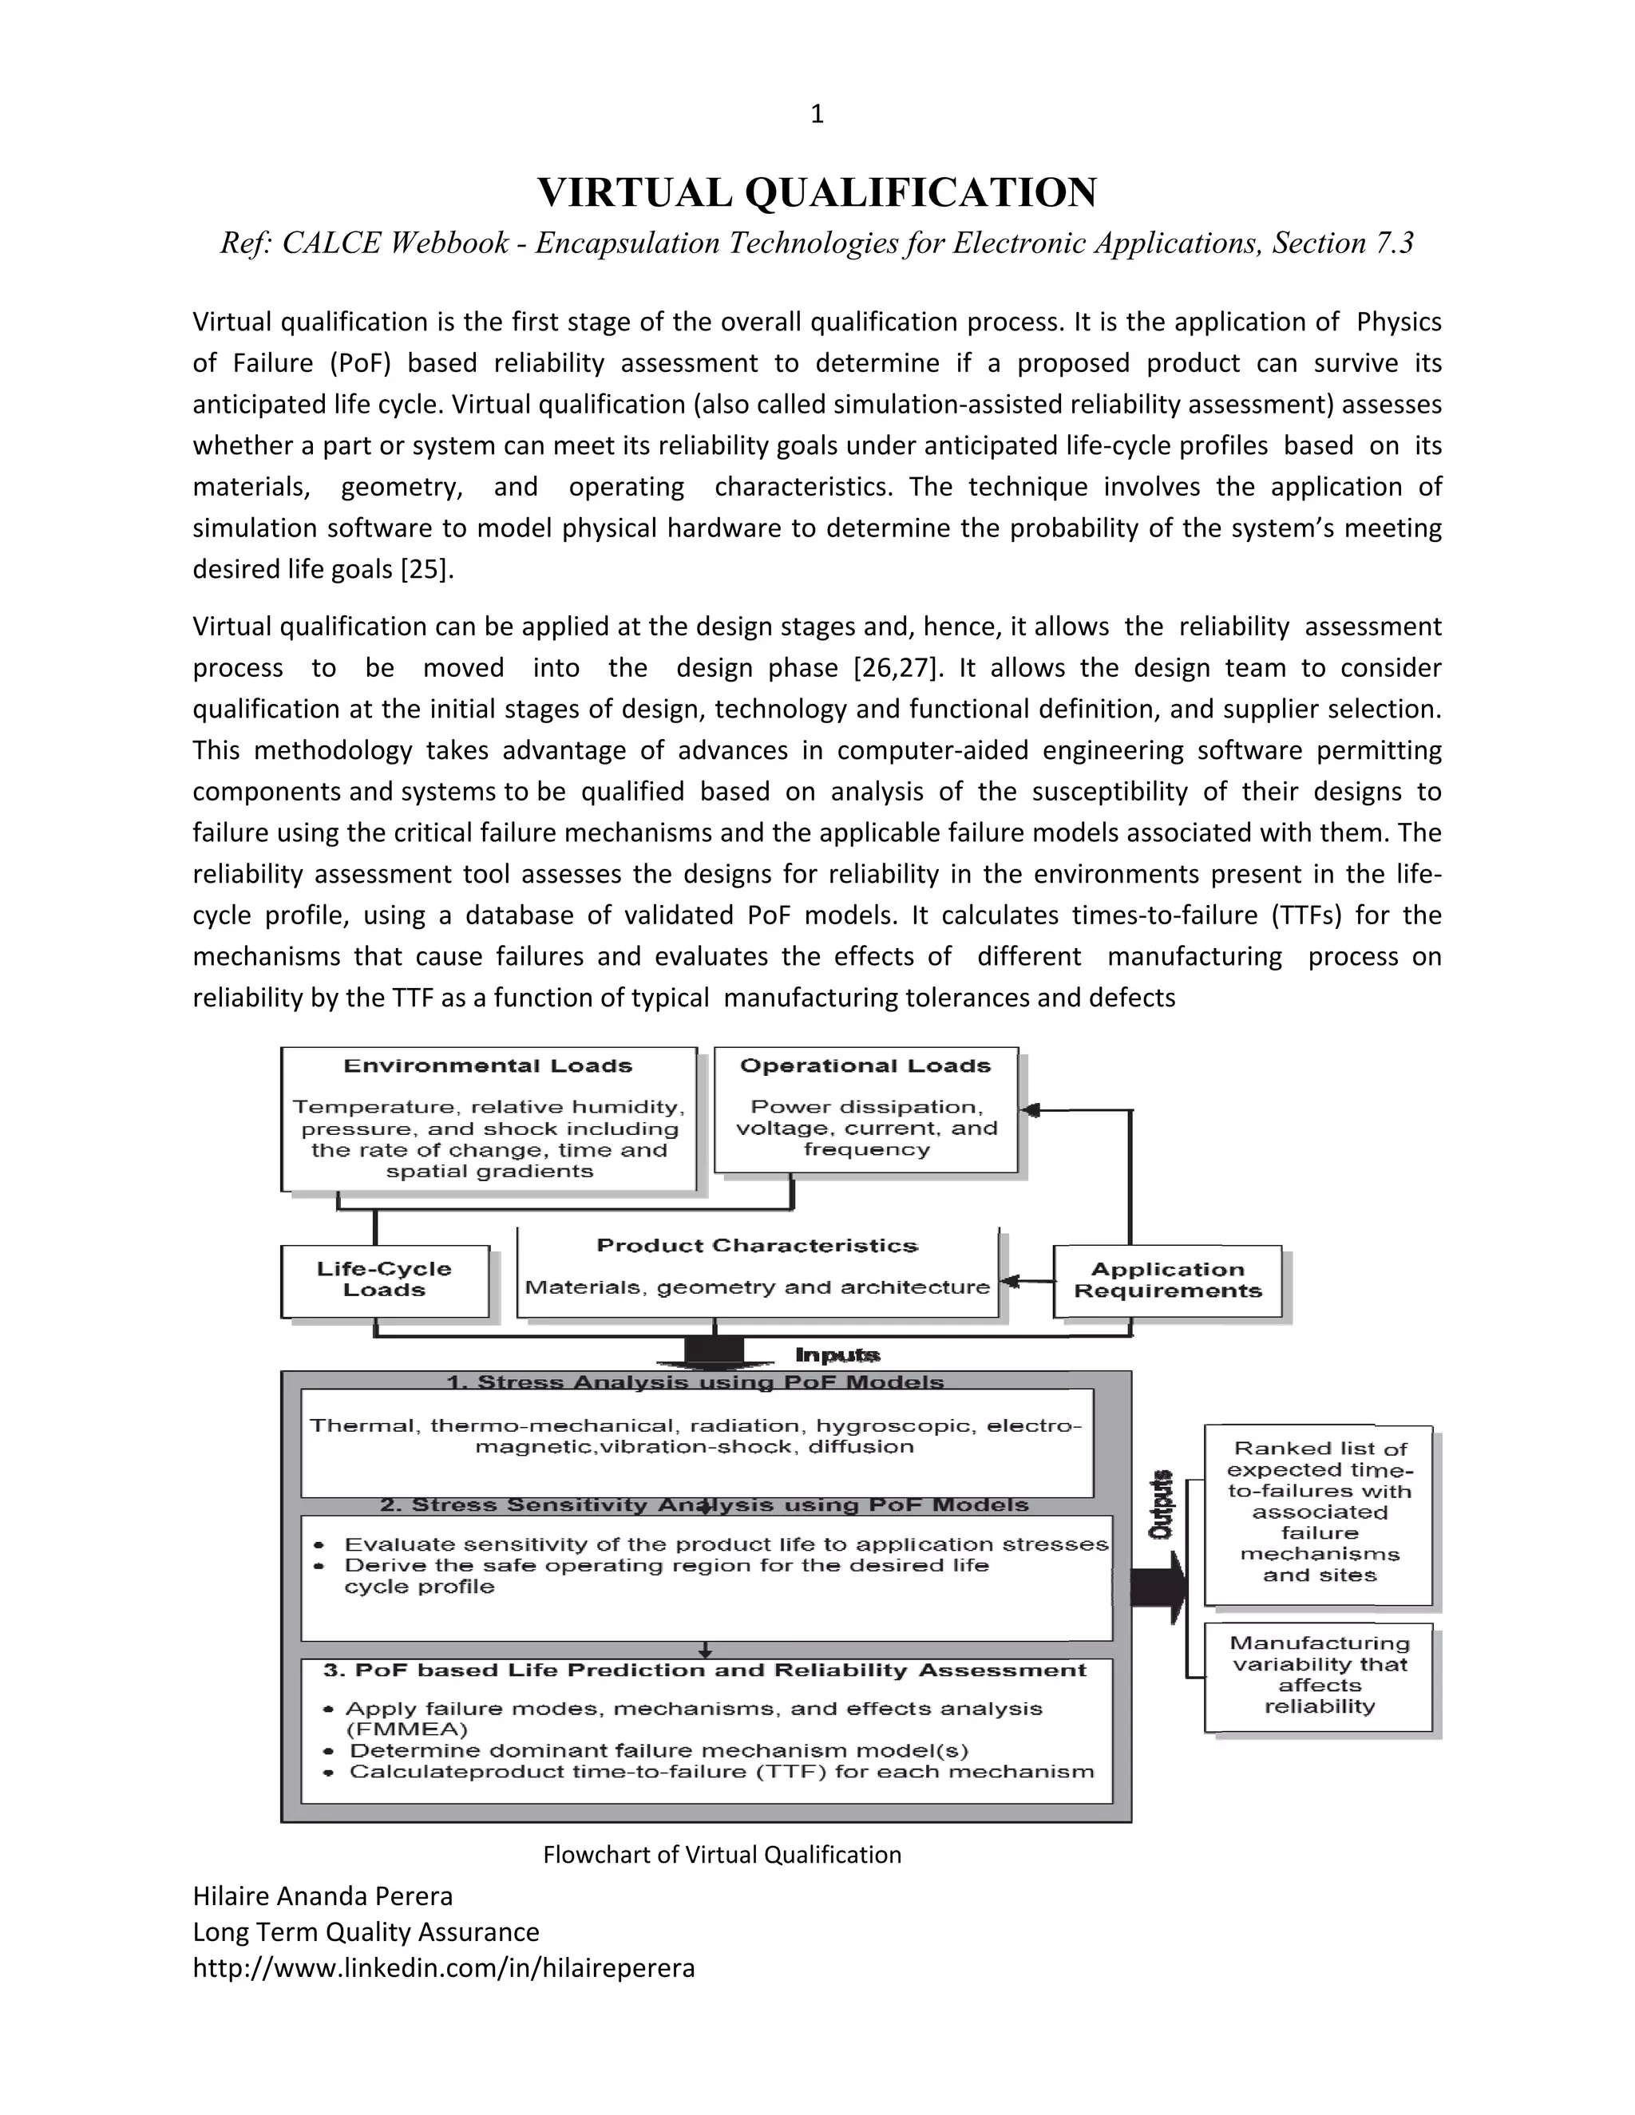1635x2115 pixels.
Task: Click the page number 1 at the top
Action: click(817, 114)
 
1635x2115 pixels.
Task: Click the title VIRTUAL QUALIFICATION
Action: click(817, 192)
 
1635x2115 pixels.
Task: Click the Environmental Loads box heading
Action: click(487, 1066)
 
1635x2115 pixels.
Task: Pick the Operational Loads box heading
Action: click(865, 1066)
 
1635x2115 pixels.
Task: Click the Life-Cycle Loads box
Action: click(385, 1279)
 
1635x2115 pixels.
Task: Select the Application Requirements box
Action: click(1167, 1280)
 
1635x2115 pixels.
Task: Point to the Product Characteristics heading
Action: click(757, 1245)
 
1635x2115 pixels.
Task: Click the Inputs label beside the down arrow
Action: click(837, 1355)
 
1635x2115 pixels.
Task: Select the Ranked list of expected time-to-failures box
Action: click(1318, 1512)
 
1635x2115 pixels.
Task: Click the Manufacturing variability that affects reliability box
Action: click(1318, 1674)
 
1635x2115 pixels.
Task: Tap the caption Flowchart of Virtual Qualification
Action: click(722, 1855)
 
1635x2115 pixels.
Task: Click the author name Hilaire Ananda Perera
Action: click(323, 1896)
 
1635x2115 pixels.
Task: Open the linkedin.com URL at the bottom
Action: click(444, 1969)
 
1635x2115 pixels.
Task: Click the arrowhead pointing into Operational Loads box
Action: click(1031, 1111)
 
